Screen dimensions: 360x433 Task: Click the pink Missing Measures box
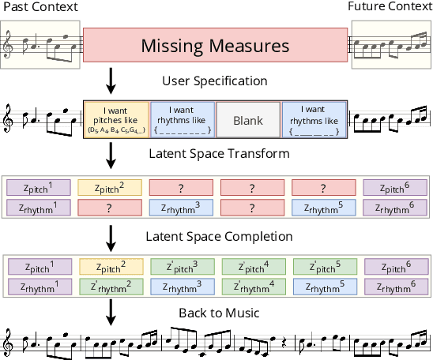point(215,46)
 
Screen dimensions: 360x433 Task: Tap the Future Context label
point(390,8)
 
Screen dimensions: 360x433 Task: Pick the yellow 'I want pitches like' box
point(115,120)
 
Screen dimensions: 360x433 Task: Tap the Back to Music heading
point(219,313)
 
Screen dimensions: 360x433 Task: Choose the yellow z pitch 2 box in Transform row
point(111,188)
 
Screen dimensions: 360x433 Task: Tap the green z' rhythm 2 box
point(111,287)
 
